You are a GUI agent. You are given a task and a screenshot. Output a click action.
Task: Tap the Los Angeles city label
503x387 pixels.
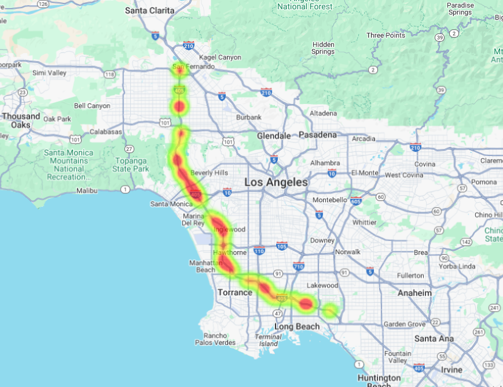pos(276,182)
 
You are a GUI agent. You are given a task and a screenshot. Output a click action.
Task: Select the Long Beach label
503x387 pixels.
pos(297,326)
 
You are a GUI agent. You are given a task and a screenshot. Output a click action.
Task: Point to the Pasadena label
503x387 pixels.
pos(317,135)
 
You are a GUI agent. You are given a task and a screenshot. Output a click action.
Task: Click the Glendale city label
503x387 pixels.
pos(274,136)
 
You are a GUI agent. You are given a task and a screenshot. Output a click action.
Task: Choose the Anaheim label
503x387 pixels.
pos(414,293)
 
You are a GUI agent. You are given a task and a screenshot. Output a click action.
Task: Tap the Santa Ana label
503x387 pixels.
pos(434,338)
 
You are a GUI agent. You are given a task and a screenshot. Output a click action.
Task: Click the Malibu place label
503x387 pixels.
pos(86,190)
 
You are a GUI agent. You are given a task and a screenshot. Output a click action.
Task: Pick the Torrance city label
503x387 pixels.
pos(234,292)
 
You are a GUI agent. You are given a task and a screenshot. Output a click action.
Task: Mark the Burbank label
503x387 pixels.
pos(249,117)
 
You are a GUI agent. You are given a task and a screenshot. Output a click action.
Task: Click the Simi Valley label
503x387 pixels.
pos(49,73)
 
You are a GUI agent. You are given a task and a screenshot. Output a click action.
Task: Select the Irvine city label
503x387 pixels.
pos(451,370)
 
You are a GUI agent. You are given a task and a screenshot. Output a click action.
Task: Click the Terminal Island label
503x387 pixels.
pos(268,340)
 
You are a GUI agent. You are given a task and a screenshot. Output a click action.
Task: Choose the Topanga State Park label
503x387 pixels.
pos(130,165)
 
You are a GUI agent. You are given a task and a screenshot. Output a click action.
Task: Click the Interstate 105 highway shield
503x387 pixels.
pos(282,246)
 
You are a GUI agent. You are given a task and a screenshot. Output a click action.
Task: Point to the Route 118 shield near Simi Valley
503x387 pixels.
pos(109,75)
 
